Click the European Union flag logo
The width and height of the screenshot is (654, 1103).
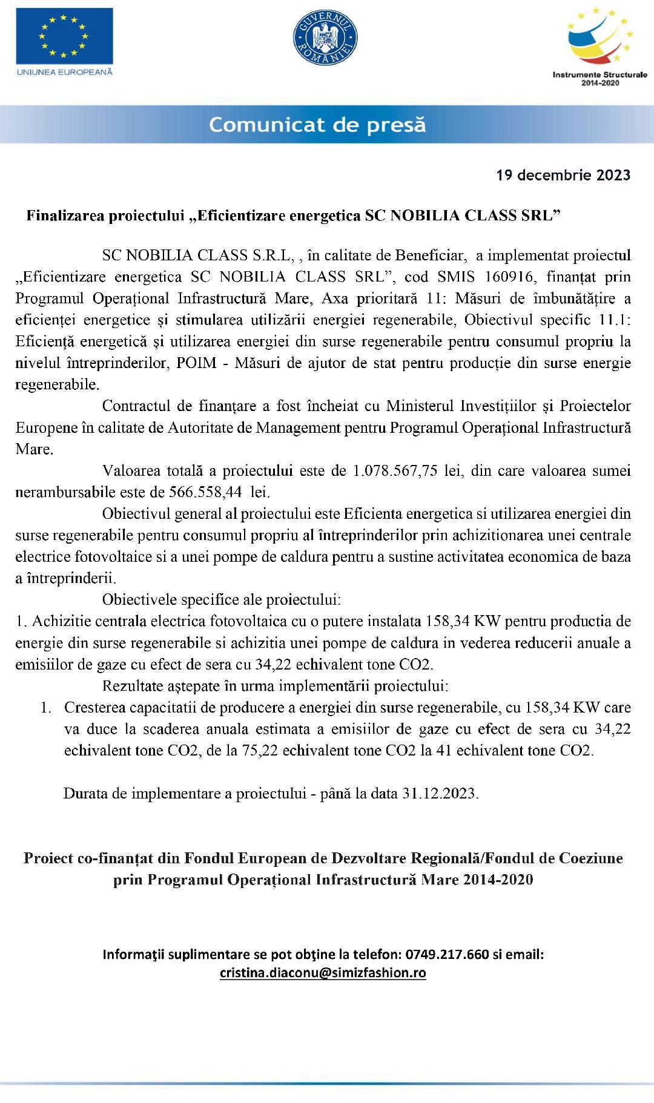pos(64,36)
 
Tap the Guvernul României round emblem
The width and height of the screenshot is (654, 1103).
pos(325,38)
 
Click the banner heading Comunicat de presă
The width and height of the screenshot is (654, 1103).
pos(317,125)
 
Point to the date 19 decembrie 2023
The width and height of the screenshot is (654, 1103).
pos(563,176)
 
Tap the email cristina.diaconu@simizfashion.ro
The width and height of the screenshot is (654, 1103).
pos(323,973)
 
